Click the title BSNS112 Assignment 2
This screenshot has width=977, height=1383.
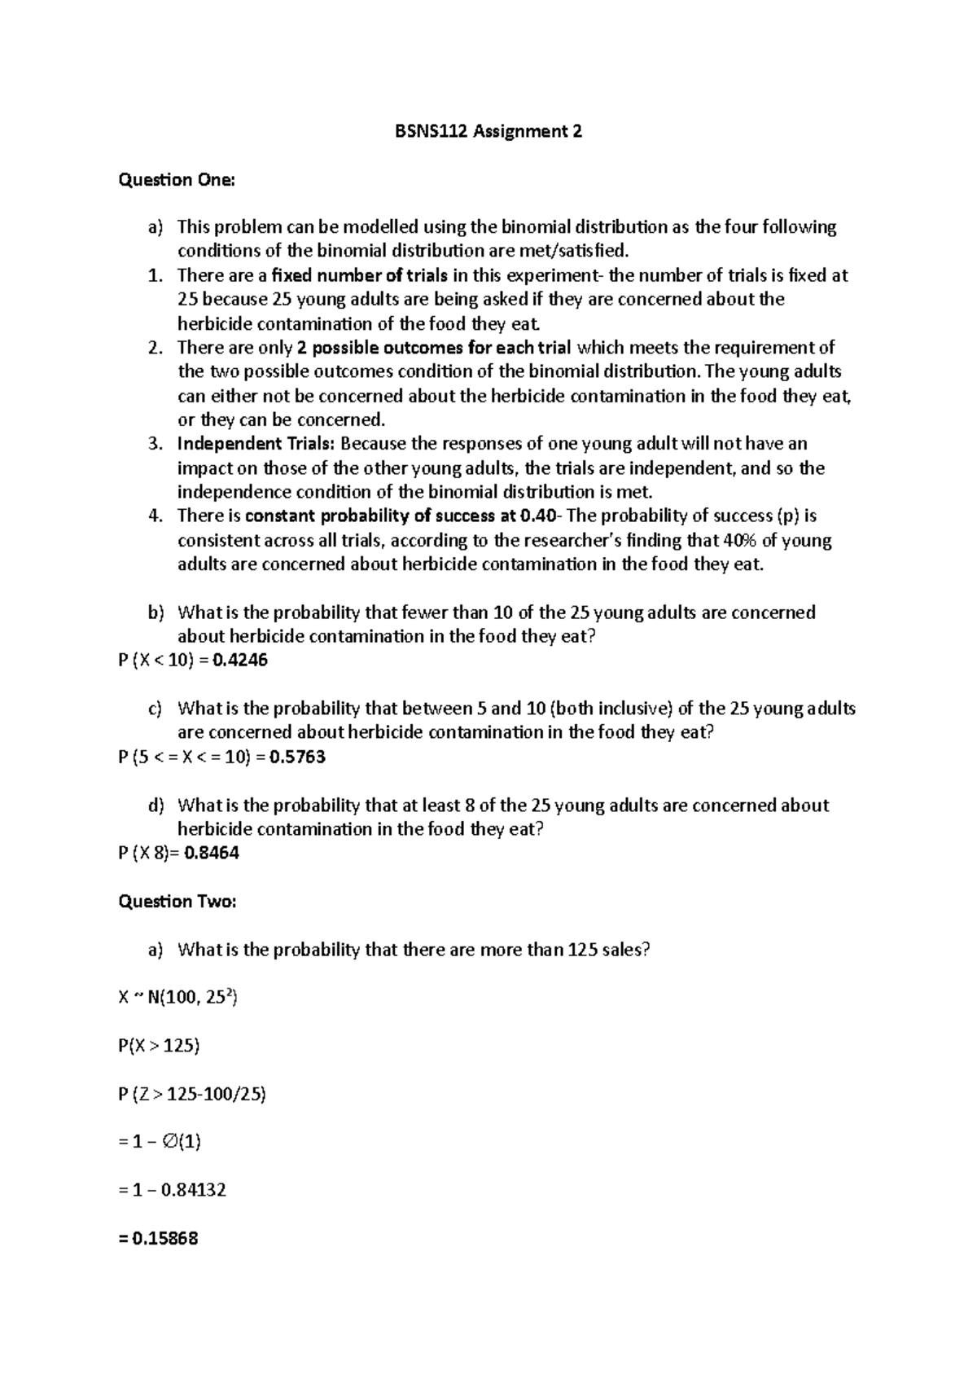tap(488, 131)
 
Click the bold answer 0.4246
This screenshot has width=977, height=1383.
tap(239, 660)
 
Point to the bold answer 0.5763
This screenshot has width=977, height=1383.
tap(297, 757)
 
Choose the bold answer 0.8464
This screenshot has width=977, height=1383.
tap(212, 853)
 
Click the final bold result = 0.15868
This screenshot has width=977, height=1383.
tap(159, 1239)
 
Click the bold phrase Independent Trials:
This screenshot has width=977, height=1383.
tap(256, 444)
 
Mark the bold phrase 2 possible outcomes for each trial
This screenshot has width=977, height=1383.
tap(434, 348)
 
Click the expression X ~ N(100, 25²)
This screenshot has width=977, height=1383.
tap(177, 998)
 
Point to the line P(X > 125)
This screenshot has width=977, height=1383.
tap(159, 1046)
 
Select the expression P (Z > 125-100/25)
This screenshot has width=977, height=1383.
tap(192, 1095)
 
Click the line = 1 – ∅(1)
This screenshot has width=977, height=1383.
tap(160, 1142)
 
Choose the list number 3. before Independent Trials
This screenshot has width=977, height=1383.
tap(156, 444)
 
